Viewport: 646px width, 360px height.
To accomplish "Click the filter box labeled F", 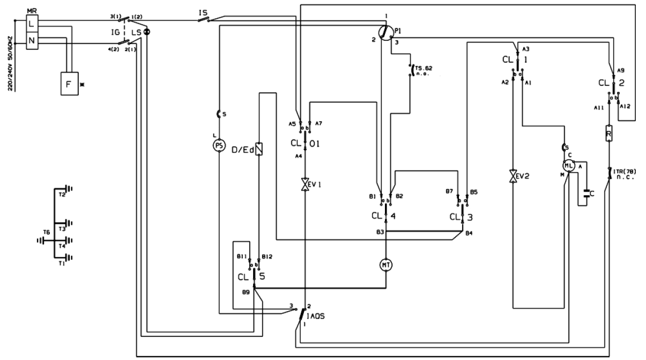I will pos(69,84).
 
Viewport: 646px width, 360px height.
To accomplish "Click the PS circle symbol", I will pos(218,146).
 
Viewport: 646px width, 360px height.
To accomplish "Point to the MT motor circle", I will pos(386,265).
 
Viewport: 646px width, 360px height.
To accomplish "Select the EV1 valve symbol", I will pos(305,185).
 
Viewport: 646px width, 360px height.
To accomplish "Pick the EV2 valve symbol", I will pos(514,177).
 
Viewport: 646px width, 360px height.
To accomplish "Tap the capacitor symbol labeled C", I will pos(587,193).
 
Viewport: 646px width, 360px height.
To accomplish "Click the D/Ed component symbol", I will pos(259,148).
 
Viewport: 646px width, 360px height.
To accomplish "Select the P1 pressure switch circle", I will pos(384,33).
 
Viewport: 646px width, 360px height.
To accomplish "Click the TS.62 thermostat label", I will pos(424,70).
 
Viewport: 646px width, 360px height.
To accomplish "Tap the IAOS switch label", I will pos(317,317).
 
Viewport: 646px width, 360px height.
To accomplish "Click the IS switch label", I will pos(203,11).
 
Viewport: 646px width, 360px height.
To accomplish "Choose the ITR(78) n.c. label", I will pos(625,174).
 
